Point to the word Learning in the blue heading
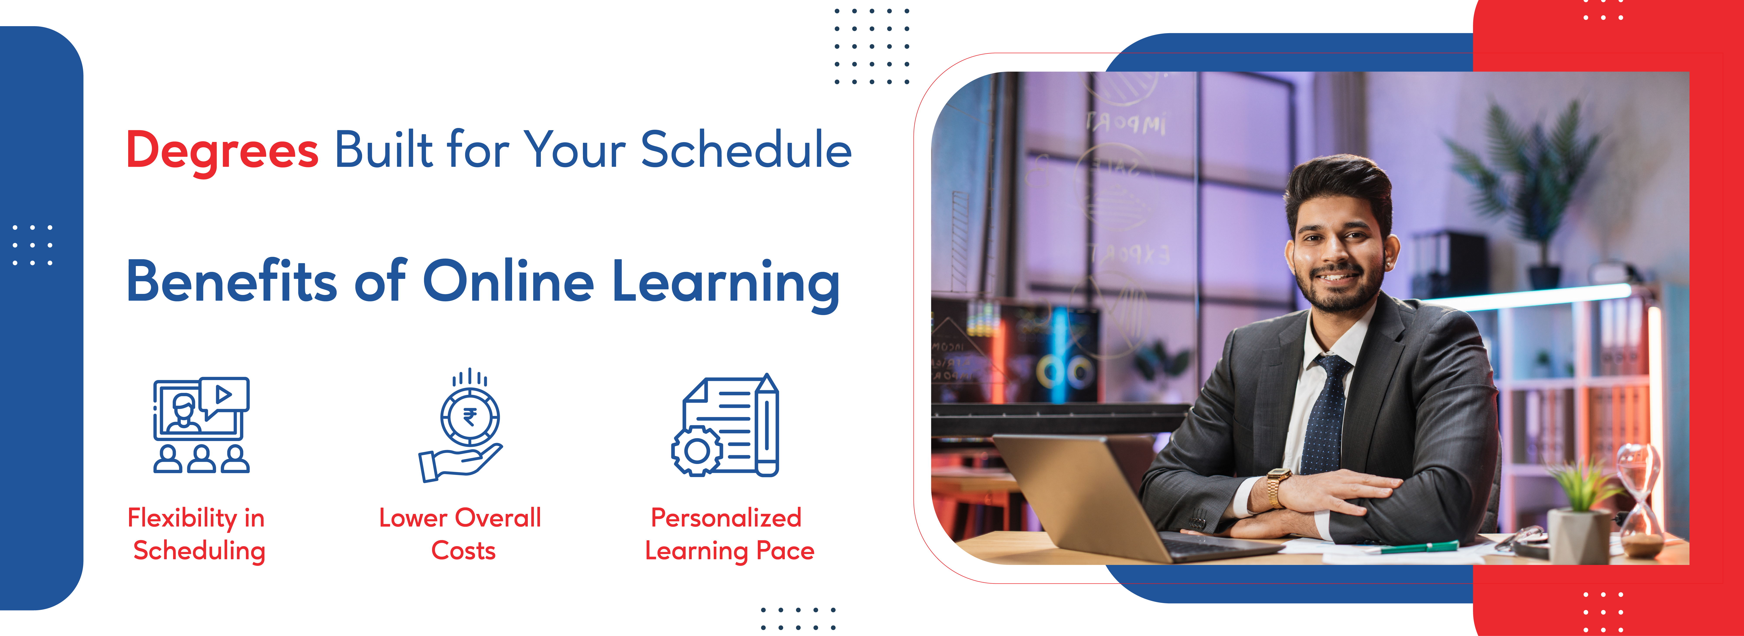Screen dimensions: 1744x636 (726, 285)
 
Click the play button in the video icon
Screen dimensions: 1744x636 (223, 394)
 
